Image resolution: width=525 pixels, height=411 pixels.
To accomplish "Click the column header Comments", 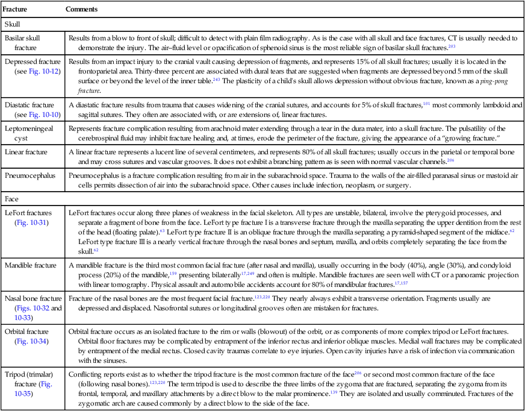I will (82, 10).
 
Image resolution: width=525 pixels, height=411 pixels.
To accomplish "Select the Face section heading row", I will (11, 198).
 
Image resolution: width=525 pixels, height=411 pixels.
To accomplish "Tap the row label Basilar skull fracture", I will (23, 42).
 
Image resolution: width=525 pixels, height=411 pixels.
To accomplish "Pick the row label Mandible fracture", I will (31, 265).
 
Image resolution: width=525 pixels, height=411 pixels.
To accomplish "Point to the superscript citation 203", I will (452, 45).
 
